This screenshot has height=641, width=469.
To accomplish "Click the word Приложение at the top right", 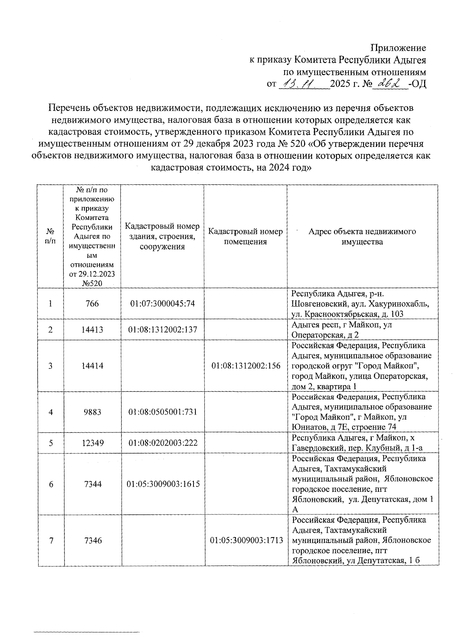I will [398, 48].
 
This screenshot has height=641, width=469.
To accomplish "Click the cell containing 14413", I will [92, 330].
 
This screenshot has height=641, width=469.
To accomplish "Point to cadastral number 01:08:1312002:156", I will [246, 366].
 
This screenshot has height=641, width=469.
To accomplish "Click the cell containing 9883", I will [92, 412].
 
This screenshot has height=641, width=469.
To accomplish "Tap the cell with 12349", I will [92, 443].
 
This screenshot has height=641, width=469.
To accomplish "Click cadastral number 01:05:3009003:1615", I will [163, 484].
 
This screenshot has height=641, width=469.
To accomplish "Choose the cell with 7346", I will [92, 541].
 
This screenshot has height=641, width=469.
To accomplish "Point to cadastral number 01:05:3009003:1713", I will [246, 541].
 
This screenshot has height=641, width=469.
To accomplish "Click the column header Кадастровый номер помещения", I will [245, 236].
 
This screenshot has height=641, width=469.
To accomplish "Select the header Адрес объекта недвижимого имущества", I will [362, 236].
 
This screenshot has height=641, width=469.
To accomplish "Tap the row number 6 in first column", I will [51, 484].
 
